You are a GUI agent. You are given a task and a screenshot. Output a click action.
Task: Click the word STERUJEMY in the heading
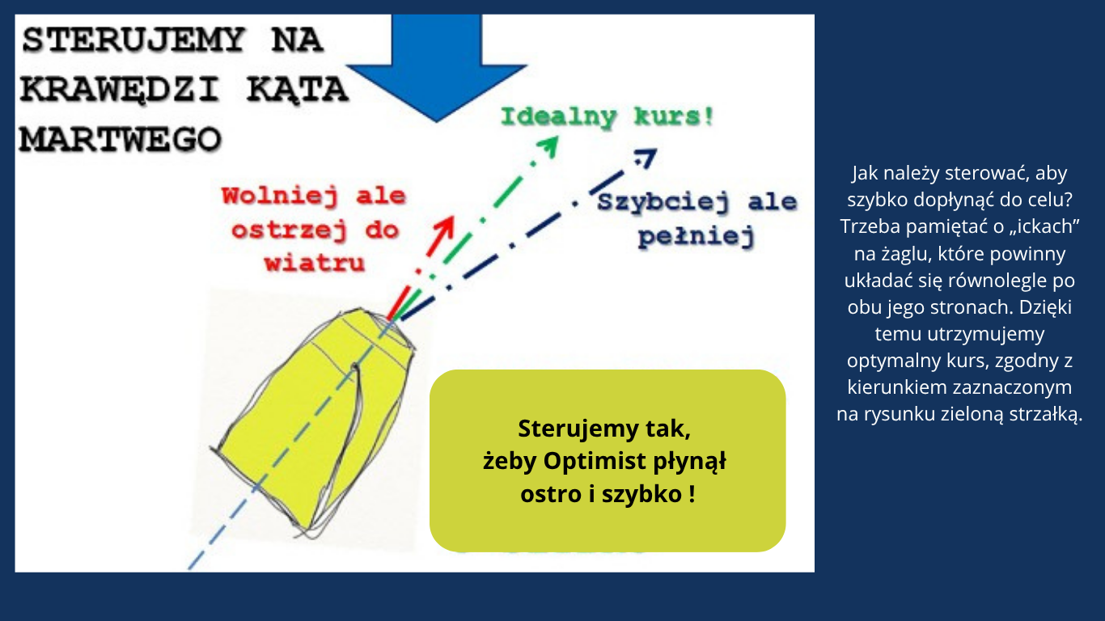point(133,40)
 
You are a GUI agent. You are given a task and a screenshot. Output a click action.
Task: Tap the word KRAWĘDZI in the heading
point(119,90)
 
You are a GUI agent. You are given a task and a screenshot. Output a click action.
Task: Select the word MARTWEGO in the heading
point(121,139)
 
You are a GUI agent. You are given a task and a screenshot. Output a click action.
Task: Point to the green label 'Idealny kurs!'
point(608,117)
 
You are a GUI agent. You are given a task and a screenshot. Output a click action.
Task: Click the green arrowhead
point(548,146)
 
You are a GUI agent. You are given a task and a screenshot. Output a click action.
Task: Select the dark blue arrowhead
point(646,158)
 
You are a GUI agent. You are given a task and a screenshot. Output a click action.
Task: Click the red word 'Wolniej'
point(279,196)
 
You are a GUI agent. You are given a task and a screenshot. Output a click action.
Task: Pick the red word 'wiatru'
point(315,263)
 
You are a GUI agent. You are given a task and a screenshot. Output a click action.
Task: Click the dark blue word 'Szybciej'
point(663,202)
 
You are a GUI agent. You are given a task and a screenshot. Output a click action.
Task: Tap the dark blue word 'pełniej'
point(696,237)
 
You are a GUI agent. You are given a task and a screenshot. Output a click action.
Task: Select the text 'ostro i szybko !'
point(608,494)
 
